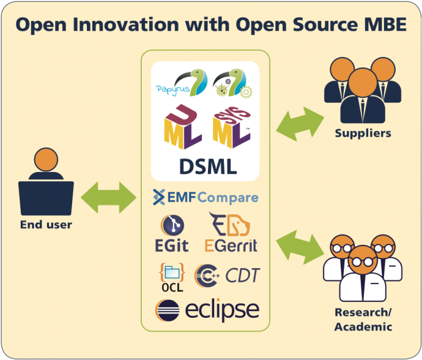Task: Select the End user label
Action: [46, 225]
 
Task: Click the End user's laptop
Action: [46, 197]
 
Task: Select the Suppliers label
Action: [363, 133]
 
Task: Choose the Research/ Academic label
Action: [363, 319]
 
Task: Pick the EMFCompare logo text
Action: [206, 197]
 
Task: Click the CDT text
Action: [242, 276]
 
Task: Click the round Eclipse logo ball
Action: [167, 309]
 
